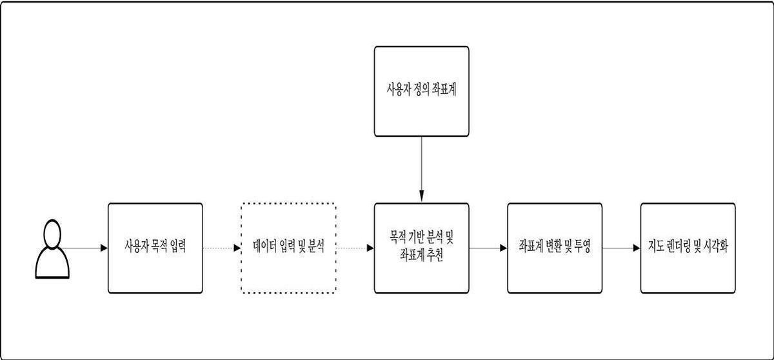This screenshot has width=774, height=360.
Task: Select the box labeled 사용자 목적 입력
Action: point(155,248)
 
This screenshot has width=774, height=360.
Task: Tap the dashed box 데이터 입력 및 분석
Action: point(288,248)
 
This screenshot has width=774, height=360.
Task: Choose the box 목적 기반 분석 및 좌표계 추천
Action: point(422,248)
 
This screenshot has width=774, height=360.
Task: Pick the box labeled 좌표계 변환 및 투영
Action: point(555,248)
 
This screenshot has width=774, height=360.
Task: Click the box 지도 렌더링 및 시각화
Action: point(688,248)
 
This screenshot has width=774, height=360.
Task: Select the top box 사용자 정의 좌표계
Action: point(422,91)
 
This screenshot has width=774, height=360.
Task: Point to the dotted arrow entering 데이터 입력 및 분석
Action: point(222,248)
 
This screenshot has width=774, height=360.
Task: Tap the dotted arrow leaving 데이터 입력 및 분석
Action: point(355,248)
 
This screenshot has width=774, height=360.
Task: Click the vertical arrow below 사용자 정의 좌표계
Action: point(422,169)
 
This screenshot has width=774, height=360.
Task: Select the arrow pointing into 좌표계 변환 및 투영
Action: point(488,248)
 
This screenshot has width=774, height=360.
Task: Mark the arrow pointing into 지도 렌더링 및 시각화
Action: point(621,248)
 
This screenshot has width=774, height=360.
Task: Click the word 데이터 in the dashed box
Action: point(265,246)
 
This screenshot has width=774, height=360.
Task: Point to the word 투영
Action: point(582,246)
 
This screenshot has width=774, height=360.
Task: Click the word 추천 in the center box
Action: point(435,255)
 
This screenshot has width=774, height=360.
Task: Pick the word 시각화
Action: point(715,246)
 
